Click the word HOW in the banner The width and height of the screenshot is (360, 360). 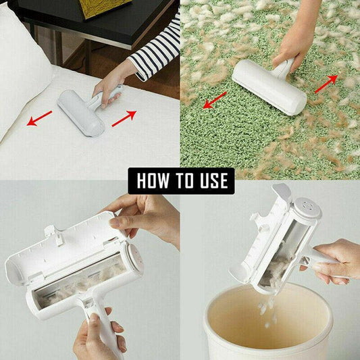click(x=154, y=181)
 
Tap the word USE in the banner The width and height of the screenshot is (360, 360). click(x=211, y=181)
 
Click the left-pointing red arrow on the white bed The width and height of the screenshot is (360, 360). click(x=40, y=120)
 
